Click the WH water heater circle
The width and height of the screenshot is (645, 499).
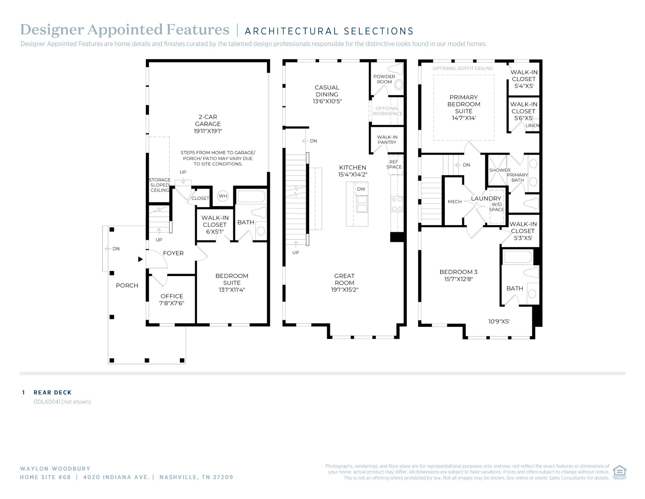223,196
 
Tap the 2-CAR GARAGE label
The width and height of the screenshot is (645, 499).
208,120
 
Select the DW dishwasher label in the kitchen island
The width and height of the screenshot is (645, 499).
361,189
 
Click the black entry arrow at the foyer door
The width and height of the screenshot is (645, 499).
140,259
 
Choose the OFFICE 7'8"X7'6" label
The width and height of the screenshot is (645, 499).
172,299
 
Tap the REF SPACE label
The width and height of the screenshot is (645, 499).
394,164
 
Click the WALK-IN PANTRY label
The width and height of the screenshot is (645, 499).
387,140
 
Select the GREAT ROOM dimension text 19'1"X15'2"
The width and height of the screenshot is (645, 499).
345,290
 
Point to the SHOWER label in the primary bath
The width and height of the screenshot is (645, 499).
500,170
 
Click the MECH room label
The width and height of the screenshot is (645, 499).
455,202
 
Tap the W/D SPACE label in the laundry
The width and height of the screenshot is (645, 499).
497,207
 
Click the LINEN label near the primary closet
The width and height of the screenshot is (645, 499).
532,125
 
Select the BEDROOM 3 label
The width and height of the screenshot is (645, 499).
459,272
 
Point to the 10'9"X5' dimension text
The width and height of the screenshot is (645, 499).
499,322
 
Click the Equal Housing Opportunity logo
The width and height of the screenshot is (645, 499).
619,472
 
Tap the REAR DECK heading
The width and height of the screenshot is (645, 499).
53,392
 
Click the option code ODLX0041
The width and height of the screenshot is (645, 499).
47,402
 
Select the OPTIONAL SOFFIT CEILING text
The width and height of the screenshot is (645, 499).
463,68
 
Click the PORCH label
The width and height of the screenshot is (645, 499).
127,286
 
